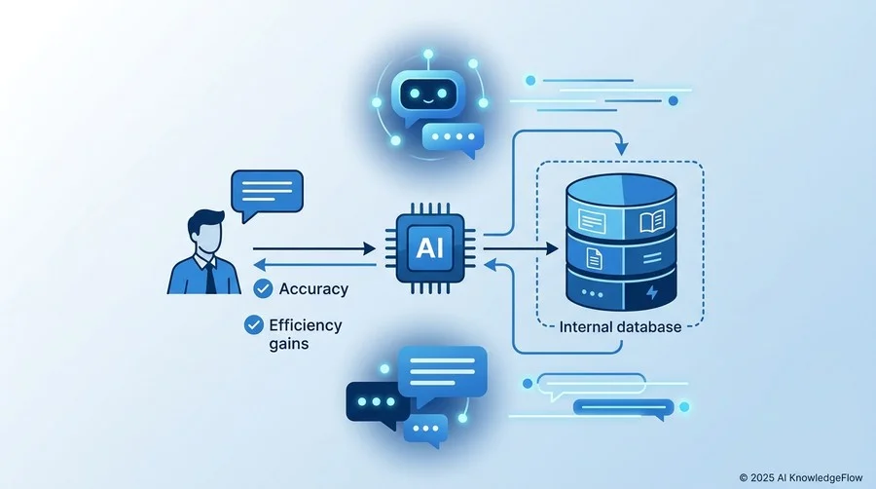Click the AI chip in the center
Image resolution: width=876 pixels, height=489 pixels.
click(x=429, y=247)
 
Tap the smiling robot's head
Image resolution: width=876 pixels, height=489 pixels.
click(x=428, y=94)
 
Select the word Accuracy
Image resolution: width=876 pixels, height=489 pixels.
click(x=313, y=289)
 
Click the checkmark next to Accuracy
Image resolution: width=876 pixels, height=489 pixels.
click(x=263, y=288)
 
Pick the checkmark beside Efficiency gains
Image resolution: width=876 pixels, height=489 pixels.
click(x=254, y=324)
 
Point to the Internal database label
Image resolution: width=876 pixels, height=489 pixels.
click(x=620, y=327)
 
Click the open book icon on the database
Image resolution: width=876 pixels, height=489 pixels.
click(x=652, y=221)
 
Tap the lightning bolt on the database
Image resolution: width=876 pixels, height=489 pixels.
click(x=652, y=291)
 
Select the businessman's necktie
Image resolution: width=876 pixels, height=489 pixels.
click(x=210, y=278)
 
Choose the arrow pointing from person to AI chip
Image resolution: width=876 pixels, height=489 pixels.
click(x=314, y=248)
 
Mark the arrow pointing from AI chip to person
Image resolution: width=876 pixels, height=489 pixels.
click(x=314, y=264)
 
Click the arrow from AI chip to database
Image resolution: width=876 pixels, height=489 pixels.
click(x=521, y=248)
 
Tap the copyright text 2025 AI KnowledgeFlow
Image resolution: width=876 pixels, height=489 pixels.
click(x=801, y=478)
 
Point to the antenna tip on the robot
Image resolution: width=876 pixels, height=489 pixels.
click(x=428, y=55)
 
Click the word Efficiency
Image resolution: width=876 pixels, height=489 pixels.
click(x=305, y=325)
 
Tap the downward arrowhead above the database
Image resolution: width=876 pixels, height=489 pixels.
click(x=621, y=149)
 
